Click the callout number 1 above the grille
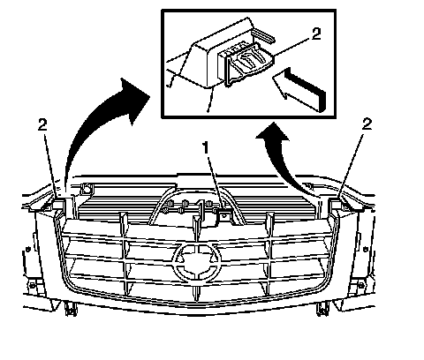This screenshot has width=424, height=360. (206, 147)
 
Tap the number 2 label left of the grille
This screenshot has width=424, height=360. (42, 125)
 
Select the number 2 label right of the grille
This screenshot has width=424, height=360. (367, 124)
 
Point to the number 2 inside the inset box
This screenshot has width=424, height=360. (316, 34)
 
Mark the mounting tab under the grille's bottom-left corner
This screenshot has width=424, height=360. (71, 309)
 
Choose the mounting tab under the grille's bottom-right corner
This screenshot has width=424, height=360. (322, 309)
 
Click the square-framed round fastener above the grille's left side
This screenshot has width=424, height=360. (86, 189)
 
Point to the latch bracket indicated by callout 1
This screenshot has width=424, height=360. (223, 215)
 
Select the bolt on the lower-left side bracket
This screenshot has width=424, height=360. (32, 285)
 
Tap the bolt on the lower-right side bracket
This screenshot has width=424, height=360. (361, 285)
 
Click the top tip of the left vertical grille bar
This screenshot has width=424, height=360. (121, 213)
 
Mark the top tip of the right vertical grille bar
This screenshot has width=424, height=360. (268, 214)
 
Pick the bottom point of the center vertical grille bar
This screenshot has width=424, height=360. (196, 301)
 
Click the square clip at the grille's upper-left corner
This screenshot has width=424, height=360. (57, 204)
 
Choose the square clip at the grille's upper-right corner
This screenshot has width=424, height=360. (335, 204)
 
